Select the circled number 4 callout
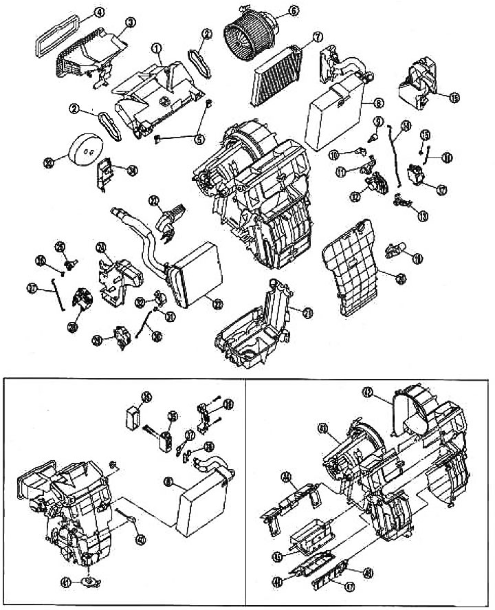click(99, 12)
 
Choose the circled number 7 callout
click(318, 36)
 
